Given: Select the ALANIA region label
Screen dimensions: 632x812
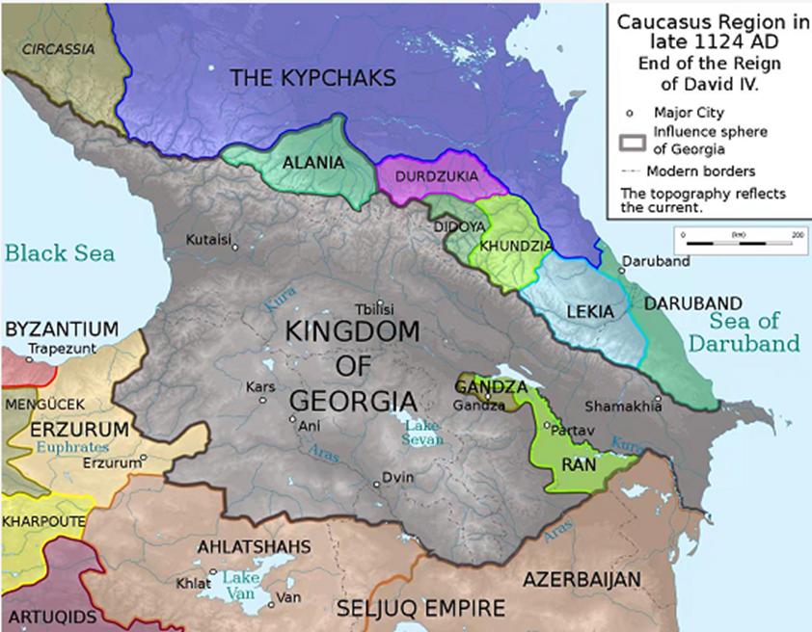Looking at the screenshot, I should click(312, 163).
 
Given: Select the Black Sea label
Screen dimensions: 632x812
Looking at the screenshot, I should click(60, 253).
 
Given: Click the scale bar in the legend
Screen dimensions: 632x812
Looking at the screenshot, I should click(741, 242).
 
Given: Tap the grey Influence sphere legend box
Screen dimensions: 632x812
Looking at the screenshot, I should click(632, 141).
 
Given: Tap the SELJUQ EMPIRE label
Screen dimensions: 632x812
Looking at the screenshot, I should click(420, 609).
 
